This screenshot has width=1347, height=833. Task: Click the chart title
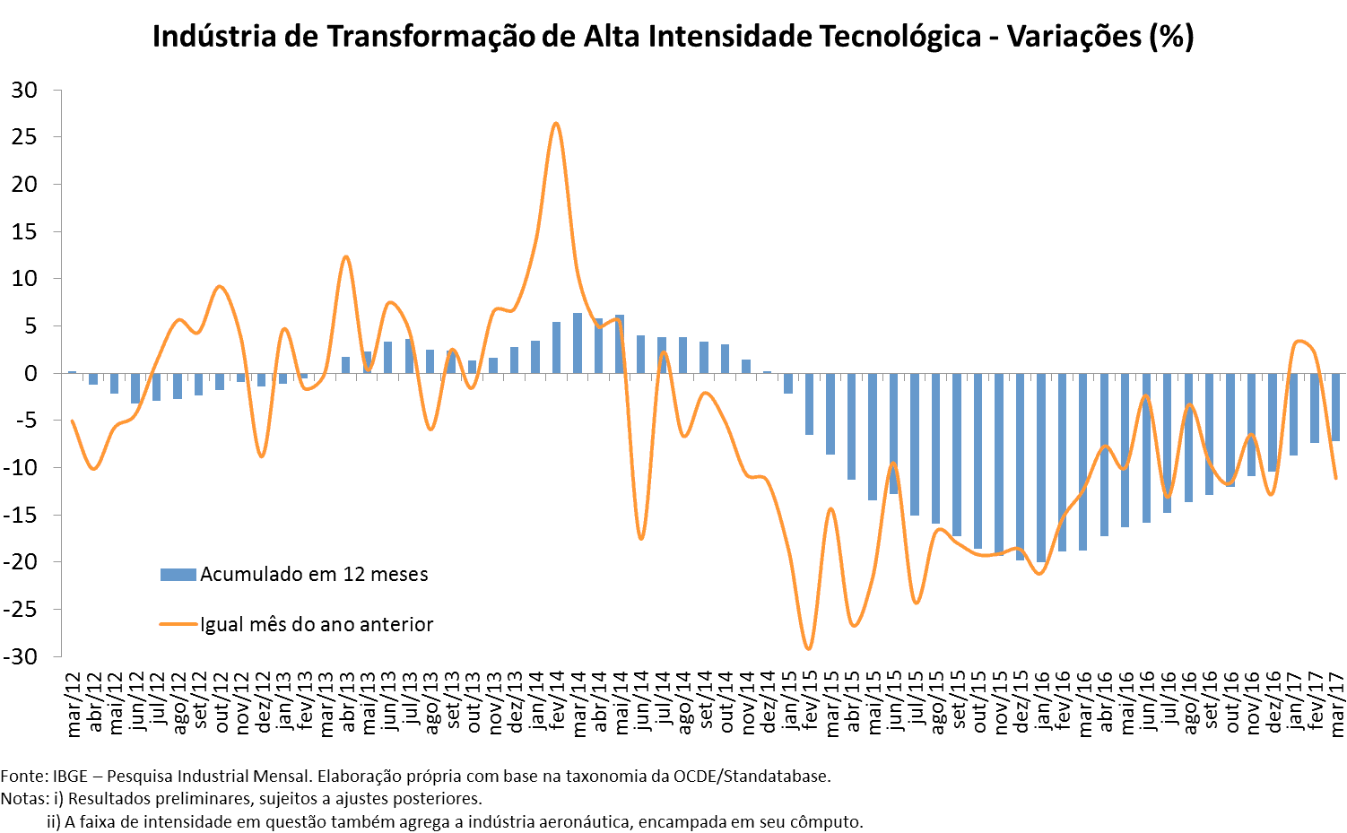(673, 37)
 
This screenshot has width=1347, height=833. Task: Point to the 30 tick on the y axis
(24, 90)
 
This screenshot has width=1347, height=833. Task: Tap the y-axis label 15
(24, 231)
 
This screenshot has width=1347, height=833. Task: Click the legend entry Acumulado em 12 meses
(314, 575)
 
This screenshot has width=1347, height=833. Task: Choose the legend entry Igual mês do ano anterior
(317, 624)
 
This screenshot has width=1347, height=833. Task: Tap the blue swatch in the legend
(178, 575)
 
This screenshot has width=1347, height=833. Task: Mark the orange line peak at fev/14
(556, 124)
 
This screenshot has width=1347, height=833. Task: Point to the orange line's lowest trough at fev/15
(808, 648)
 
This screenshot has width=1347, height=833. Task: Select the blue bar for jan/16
(1041, 467)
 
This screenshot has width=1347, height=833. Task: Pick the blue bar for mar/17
(1335, 407)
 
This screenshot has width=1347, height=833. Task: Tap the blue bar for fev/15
(809, 404)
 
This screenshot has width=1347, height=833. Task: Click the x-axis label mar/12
(74, 705)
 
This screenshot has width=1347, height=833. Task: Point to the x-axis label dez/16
(1273, 705)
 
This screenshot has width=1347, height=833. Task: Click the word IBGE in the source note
(70, 777)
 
